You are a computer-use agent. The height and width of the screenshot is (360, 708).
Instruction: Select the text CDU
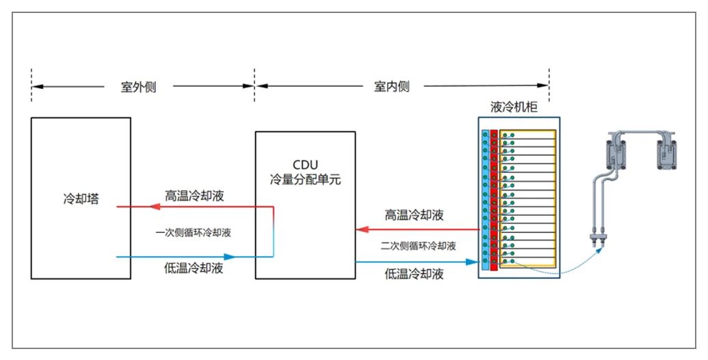pyautogui.click(x=306, y=166)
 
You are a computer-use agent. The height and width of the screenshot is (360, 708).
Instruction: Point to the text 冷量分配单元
pyautogui.click(x=306, y=181)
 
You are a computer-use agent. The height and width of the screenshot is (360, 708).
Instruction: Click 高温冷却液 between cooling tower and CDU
pyautogui.click(x=194, y=196)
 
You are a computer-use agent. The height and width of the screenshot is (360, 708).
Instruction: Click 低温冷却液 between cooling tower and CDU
pyautogui.click(x=194, y=268)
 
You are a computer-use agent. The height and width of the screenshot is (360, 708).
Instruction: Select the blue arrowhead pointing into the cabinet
pyautogui.click(x=472, y=262)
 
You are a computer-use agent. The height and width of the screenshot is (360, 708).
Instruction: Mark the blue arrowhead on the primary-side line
pyautogui.click(x=230, y=257)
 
